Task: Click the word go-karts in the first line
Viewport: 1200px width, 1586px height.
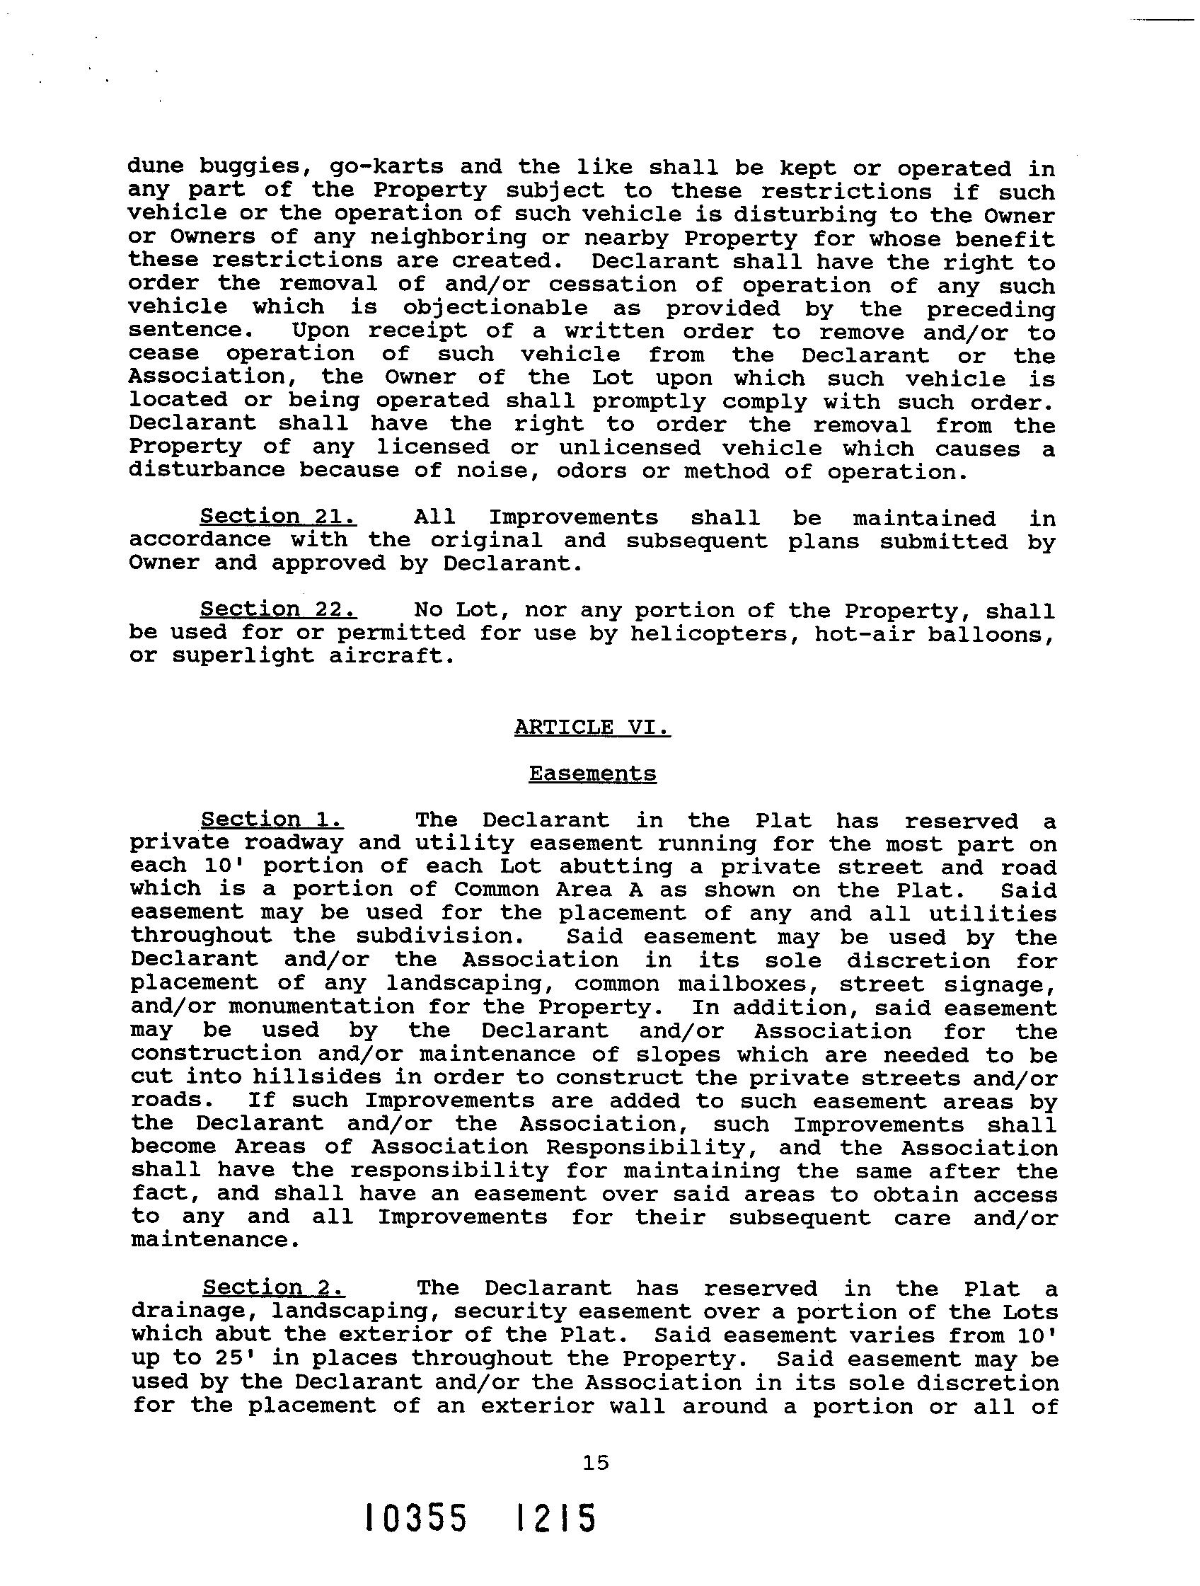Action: tap(386, 167)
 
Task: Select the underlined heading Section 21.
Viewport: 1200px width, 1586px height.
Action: tap(278, 516)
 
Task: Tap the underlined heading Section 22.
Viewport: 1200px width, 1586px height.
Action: tap(278, 609)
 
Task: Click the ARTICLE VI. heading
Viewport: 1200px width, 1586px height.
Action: tap(592, 727)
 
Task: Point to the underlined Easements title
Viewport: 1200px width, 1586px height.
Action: tap(592, 774)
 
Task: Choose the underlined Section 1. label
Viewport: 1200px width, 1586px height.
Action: tap(272, 820)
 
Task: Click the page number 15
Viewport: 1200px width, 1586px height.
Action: tap(596, 1462)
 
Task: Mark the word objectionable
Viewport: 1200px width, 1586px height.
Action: tap(495, 309)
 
